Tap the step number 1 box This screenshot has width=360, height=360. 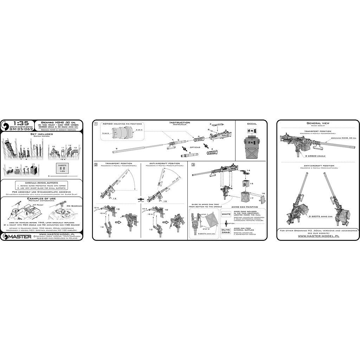click(x=96, y=124)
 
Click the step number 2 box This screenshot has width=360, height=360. click(x=96, y=165)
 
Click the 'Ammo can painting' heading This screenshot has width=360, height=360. click(x=244, y=207)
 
